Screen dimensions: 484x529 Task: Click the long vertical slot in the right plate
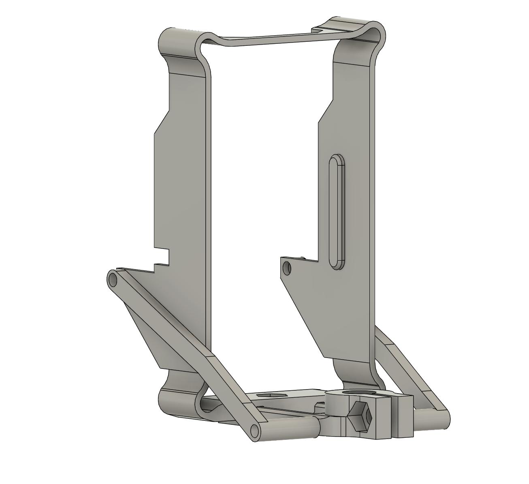pos(337,211)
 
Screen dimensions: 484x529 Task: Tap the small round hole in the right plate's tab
pos(287,268)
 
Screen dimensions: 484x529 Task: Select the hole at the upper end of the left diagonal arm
pos(112,279)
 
